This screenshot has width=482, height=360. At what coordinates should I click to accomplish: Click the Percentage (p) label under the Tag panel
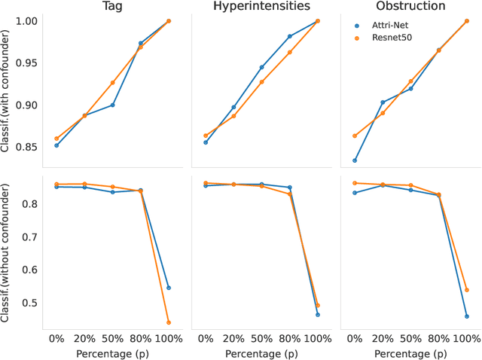pos(112,352)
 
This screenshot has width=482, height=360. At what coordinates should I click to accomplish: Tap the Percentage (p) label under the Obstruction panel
pos(411,352)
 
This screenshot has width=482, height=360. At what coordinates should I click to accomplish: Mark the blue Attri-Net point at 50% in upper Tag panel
pos(112,105)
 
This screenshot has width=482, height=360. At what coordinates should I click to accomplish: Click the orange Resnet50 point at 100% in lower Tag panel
pos(168,322)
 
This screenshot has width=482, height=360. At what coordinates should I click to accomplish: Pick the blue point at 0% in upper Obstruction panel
pos(355,160)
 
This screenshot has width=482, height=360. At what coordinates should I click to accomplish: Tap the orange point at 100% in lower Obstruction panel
pos(467,290)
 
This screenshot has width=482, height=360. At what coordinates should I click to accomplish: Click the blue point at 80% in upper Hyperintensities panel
pos(289,36)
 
